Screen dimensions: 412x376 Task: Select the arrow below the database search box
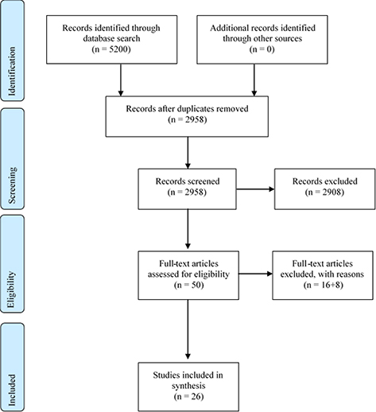(120, 81)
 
